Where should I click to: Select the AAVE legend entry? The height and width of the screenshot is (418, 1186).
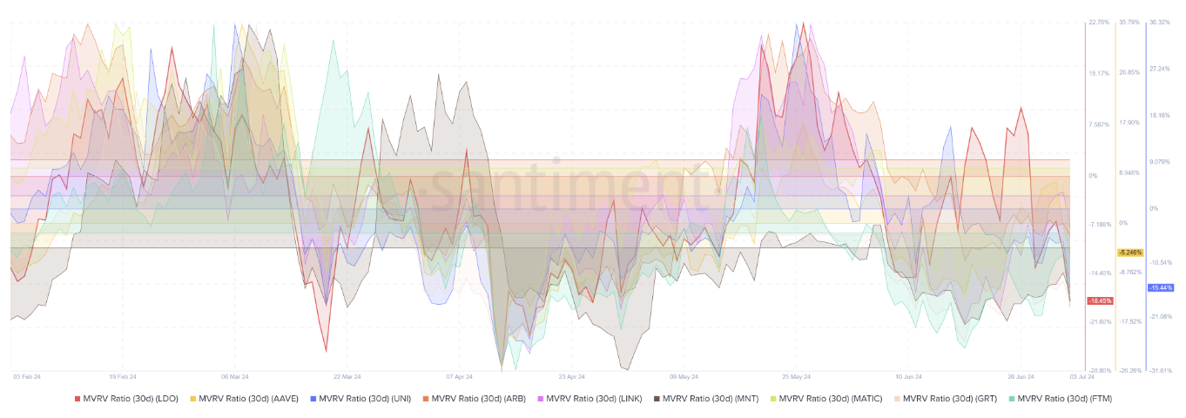point(248,399)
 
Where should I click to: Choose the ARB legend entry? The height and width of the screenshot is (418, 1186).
point(478,399)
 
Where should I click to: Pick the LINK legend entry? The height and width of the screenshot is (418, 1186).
point(592,399)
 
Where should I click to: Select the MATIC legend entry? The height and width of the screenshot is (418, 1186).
point(824,399)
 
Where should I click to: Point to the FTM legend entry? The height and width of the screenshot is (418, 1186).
point(1060,399)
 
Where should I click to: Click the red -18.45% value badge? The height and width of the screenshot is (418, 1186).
point(1099,301)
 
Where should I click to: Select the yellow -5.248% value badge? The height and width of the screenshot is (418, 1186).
point(1130,253)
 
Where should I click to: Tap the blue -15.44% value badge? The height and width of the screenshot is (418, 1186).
point(1161,287)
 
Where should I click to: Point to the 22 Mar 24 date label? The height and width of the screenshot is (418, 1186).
point(347,377)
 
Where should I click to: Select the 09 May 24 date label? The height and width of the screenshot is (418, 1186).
point(684,377)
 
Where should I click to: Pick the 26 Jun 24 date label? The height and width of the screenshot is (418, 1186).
point(1021,377)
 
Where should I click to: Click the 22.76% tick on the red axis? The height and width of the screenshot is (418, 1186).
point(1099,23)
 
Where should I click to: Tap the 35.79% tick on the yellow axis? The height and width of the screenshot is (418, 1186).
point(1129,23)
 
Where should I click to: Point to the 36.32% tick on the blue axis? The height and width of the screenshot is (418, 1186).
point(1160,23)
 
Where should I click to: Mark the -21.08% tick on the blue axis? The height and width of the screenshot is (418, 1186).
point(1161,316)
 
